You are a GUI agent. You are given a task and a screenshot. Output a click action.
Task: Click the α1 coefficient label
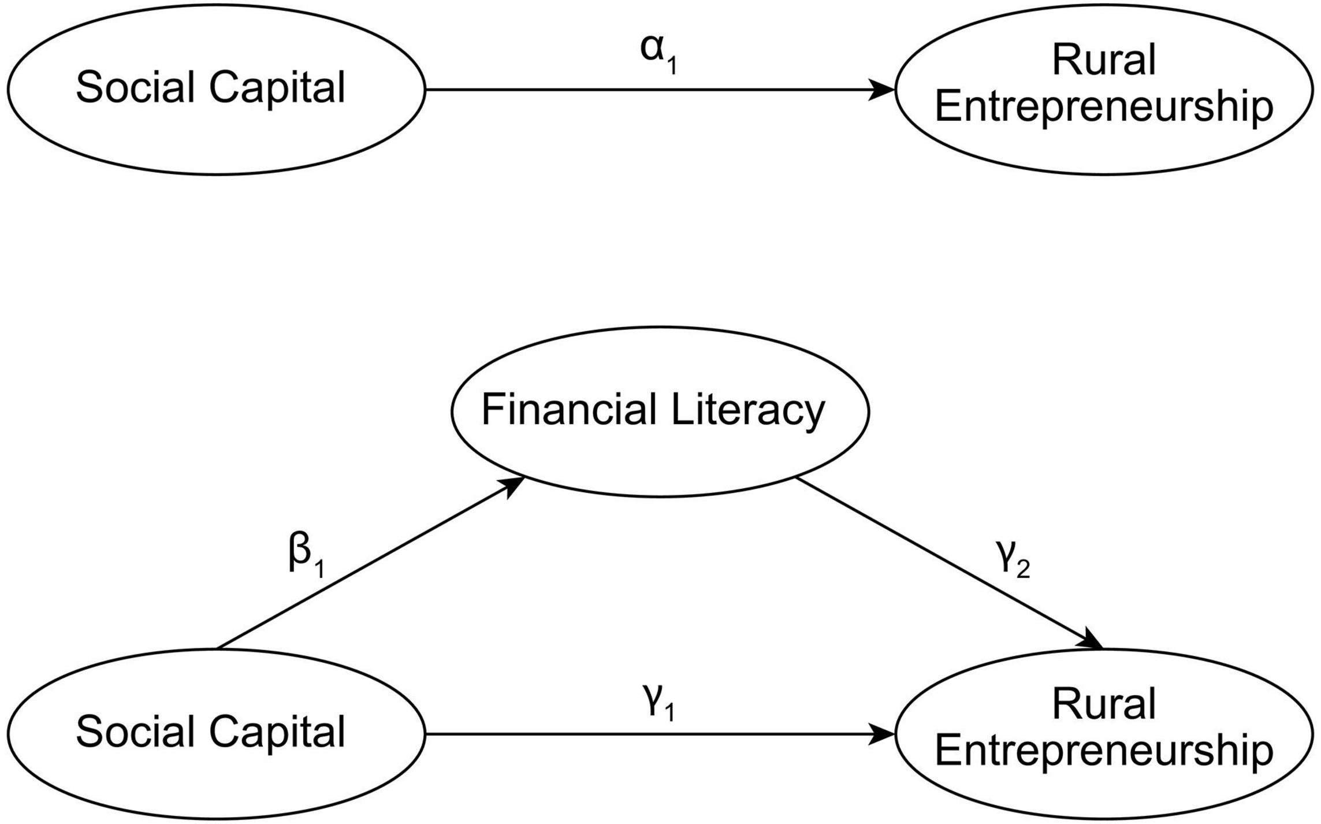point(658,55)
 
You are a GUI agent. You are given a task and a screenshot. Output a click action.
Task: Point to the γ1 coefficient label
point(658,703)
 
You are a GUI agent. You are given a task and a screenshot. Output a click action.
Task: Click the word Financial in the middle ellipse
point(569,410)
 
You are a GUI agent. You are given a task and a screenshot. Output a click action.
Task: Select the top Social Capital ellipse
point(217,133)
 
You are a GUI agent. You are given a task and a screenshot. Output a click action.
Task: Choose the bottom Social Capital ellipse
point(217,780)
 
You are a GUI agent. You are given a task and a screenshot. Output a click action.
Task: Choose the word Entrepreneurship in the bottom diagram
point(1104,751)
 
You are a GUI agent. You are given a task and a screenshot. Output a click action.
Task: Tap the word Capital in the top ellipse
point(277,88)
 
